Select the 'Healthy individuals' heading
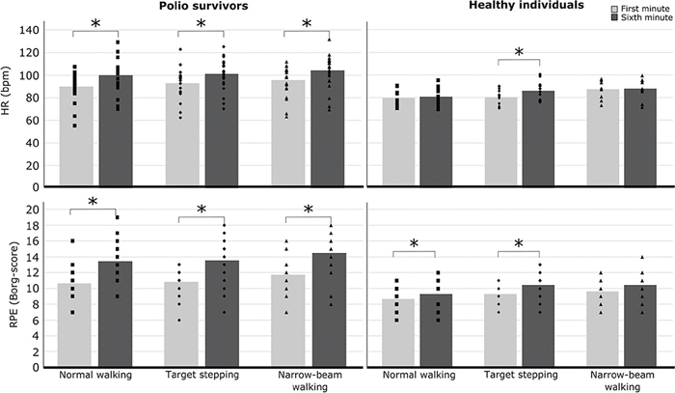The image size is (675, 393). [526, 5]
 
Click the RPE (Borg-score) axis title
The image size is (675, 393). [14, 285]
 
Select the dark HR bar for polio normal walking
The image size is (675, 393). [116, 130]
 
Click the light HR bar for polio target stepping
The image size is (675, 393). [182, 135]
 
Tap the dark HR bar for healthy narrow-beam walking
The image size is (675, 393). [640, 137]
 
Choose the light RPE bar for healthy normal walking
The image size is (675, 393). [398, 333]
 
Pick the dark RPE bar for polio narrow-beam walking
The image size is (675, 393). [329, 310]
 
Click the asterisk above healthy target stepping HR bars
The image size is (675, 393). [519, 52]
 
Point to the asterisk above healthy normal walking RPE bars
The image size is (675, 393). [414, 244]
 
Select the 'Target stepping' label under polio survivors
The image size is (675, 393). [202, 375]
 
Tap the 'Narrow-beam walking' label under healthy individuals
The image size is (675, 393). [622, 380]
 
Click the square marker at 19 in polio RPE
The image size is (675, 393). [117, 217]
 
